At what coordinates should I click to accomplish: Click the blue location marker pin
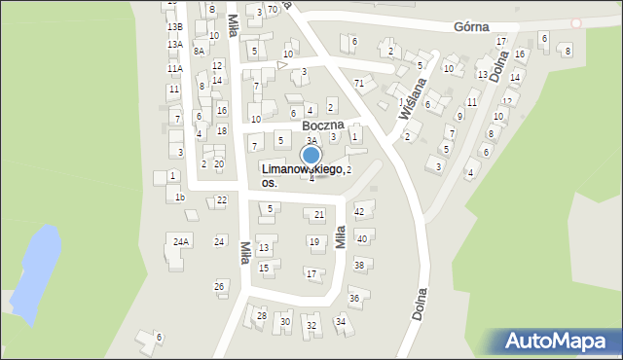[x=311, y=156]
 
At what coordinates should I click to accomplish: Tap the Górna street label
[x=471, y=28]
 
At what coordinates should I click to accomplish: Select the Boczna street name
[x=323, y=126]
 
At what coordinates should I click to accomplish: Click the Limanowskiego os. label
[x=301, y=175]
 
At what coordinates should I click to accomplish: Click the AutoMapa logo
[x=558, y=342]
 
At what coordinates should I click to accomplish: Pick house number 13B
[x=174, y=26]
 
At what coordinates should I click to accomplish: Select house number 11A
[x=174, y=69]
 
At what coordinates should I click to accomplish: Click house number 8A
[x=199, y=51]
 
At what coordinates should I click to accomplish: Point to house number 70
[x=273, y=9]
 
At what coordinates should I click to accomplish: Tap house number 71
[x=359, y=83]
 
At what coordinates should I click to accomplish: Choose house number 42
[x=359, y=211]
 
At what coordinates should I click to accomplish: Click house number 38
[x=358, y=265]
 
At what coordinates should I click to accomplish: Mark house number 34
[x=340, y=321]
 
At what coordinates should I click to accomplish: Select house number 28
[x=261, y=316]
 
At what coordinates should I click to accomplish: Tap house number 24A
[x=181, y=240]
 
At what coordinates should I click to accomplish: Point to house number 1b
[x=179, y=198]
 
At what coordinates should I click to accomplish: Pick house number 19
[x=313, y=241]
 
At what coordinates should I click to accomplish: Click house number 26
[x=220, y=286]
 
